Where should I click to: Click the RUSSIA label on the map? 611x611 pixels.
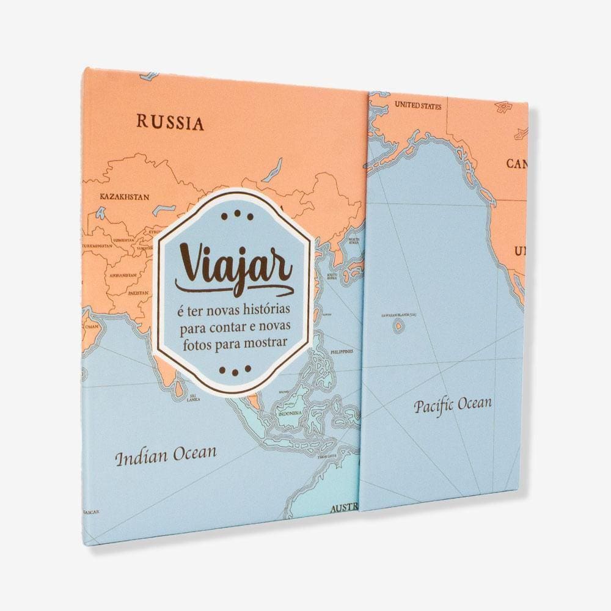tap(170, 122)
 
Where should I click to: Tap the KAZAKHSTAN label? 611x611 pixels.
tap(125, 197)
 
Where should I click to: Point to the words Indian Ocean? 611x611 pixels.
tap(166, 455)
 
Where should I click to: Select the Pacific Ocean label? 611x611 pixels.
tap(452, 405)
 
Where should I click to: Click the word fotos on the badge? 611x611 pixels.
tap(197, 342)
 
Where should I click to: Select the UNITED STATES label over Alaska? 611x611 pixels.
tap(418, 106)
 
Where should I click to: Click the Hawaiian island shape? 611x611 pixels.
tap(398, 326)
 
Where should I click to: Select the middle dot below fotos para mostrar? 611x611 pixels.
tap(235, 370)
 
